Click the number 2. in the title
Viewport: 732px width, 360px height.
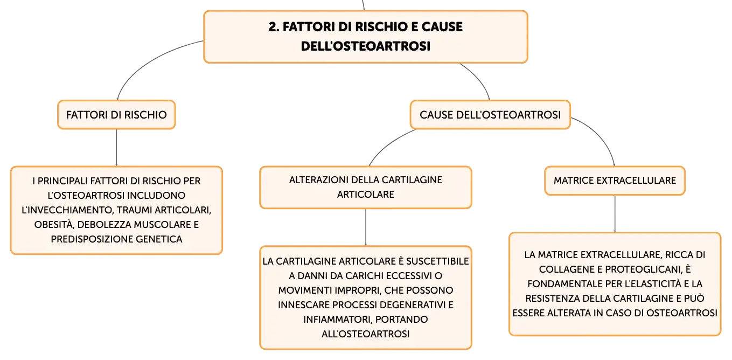(x=274, y=27)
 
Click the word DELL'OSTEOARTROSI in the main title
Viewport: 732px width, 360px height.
(x=365, y=46)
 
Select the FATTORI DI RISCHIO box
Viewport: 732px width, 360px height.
(x=116, y=115)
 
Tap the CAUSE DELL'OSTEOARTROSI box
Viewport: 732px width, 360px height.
(x=490, y=115)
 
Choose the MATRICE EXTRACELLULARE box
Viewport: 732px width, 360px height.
(x=615, y=181)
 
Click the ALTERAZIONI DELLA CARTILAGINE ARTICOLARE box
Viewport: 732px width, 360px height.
(x=366, y=188)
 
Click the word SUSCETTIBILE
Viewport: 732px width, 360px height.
(x=437, y=261)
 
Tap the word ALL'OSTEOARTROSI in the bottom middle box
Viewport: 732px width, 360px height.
(x=365, y=334)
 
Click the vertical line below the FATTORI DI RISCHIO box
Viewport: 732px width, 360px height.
(x=116, y=148)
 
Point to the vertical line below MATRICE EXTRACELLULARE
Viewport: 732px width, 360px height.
(x=615, y=214)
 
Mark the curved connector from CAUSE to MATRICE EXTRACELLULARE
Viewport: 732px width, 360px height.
(x=601, y=134)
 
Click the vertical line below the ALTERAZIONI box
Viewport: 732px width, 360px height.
(x=366, y=227)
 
